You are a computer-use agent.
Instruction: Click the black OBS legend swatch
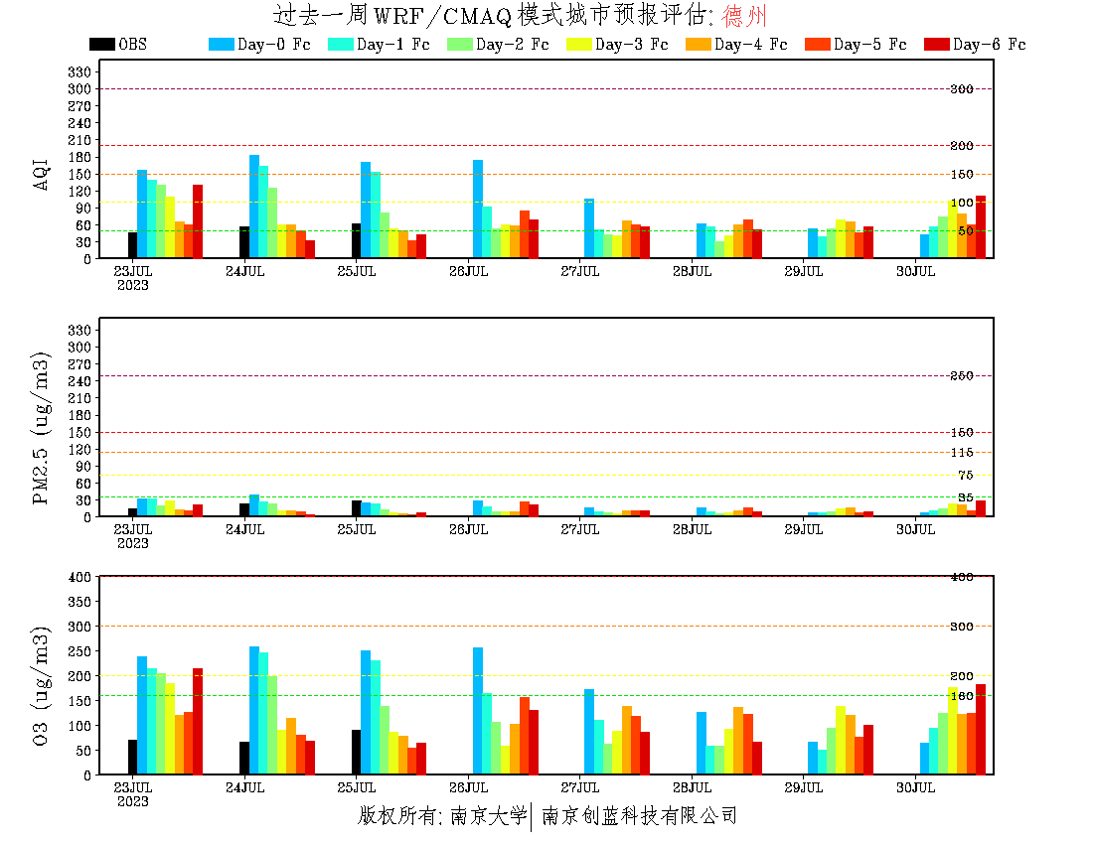tap(102, 44)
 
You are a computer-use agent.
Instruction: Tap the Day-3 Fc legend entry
tap(616, 44)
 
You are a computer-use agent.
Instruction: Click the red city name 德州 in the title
tap(744, 16)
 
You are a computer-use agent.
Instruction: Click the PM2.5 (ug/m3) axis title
tap(42, 428)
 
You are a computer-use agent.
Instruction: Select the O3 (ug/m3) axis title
tap(42, 685)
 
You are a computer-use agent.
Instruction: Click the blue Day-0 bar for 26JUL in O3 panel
tap(478, 711)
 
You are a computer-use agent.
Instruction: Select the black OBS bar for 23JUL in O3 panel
tap(132, 758)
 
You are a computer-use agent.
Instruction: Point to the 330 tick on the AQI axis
tap(79, 71)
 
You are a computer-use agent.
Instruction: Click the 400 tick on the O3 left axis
tap(79, 577)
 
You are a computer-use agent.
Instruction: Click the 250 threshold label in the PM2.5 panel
tap(961, 376)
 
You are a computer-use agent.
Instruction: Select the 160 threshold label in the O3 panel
tap(961, 696)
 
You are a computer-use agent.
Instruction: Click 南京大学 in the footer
tap(488, 816)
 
